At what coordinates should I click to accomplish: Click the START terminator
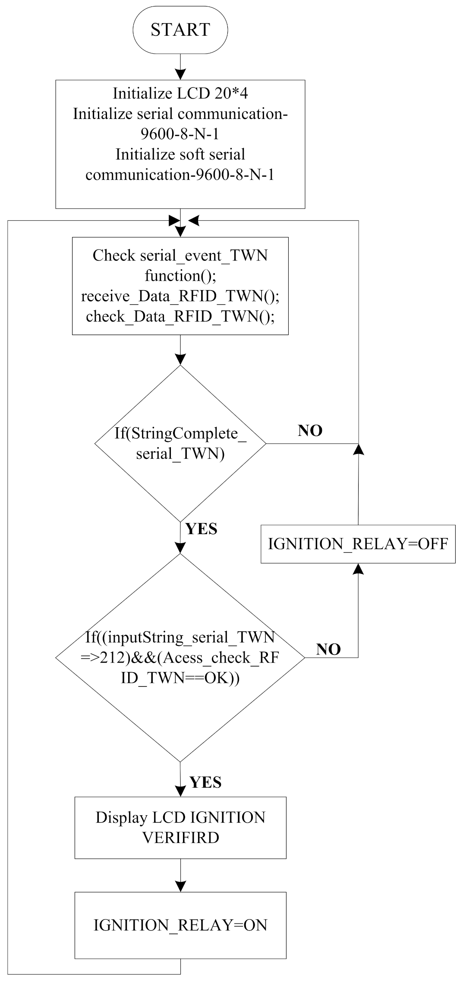pyautogui.click(x=180, y=30)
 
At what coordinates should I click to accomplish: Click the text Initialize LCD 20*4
pyautogui.click(x=180, y=93)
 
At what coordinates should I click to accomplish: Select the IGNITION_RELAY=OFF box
pyautogui.click(x=358, y=544)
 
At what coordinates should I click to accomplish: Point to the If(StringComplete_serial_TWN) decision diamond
pyautogui.click(x=180, y=444)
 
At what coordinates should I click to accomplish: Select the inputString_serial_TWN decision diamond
pyautogui.click(x=180, y=657)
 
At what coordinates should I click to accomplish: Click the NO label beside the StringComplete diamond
pyautogui.click(x=310, y=431)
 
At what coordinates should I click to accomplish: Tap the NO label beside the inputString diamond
pyautogui.click(x=328, y=649)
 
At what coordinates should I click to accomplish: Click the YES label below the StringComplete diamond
pyautogui.click(x=201, y=529)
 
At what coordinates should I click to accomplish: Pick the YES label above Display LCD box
pyautogui.click(x=205, y=782)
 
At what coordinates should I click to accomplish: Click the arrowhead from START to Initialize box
pyautogui.click(x=180, y=74)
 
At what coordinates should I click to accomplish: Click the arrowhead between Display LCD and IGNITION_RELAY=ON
pyautogui.click(x=180, y=886)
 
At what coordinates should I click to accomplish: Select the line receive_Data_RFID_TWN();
pyautogui.click(x=180, y=296)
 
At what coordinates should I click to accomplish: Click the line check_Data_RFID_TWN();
pyautogui.click(x=180, y=316)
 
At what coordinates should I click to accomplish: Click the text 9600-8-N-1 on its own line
pyautogui.click(x=180, y=134)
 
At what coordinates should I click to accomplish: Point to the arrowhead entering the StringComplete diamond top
pyautogui.click(x=180, y=359)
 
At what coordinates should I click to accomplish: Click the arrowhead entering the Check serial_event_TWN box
pyautogui.click(x=180, y=232)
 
